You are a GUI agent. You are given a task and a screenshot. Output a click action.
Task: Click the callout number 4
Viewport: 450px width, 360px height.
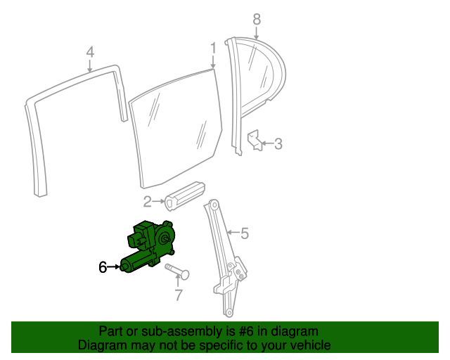(x=90, y=52)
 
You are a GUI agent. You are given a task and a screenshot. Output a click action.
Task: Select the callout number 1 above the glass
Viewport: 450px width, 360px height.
(x=213, y=48)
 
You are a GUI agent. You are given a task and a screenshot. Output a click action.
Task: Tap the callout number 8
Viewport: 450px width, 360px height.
(x=257, y=19)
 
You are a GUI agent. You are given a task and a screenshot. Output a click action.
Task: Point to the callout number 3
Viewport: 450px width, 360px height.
(x=278, y=144)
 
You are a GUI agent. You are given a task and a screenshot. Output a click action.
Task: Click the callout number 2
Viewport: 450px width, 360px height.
(x=147, y=202)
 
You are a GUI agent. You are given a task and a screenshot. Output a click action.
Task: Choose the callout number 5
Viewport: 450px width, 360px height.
(x=245, y=233)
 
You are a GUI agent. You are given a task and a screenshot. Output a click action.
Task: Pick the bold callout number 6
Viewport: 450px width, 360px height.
(x=103, y=267)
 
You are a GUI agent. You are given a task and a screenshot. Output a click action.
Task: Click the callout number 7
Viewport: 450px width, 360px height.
(x=179, y=295)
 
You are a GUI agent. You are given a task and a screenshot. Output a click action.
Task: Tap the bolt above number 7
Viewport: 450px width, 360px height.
(x=177, y=271)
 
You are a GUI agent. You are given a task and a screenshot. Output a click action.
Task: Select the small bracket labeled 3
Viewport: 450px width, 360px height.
(x=255, y=140)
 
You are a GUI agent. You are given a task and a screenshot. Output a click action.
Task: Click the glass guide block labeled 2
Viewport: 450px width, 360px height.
(x=185, y=195)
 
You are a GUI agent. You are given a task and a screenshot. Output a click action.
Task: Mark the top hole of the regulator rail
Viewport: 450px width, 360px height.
(x=214, y=205)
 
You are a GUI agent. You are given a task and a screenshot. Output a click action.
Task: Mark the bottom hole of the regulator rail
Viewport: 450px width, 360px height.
(x=229, y=312)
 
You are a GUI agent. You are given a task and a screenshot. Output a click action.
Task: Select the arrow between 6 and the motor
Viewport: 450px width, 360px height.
(x=113, y=267)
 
